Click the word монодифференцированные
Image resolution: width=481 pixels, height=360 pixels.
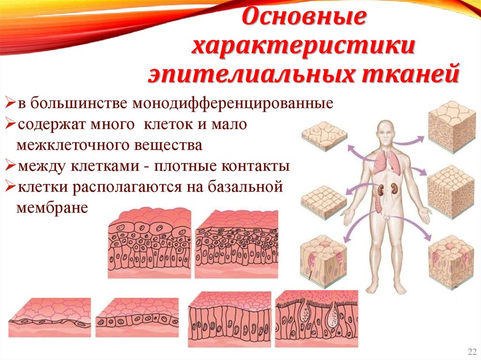click(233, 103)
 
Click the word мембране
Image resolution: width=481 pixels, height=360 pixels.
click(52, 207)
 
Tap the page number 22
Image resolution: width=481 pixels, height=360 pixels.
click(471, 352)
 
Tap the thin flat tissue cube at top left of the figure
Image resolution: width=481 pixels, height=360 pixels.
click(324, 136)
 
